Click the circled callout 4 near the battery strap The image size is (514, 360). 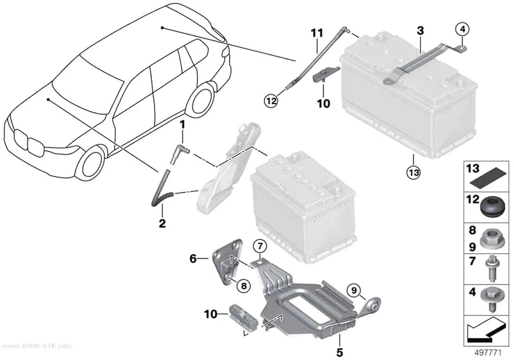[462, 29]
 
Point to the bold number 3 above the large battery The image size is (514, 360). [420, 31]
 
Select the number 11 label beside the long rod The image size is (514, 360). [317, 33]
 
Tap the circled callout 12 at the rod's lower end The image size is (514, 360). [271, 101]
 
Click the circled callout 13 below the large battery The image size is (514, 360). [413, 171]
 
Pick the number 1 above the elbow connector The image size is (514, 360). [182, 124]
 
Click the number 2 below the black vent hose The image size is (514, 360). [162, 224]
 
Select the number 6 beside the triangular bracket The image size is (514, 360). [193, 259]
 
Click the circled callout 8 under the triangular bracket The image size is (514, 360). [243, 286]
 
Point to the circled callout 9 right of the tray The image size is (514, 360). [354, 290]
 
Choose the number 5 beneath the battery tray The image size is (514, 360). [340, 353]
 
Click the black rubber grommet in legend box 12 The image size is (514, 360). [491, 207]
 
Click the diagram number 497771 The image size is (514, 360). [488, 353]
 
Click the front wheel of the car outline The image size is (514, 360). [90, 163]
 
